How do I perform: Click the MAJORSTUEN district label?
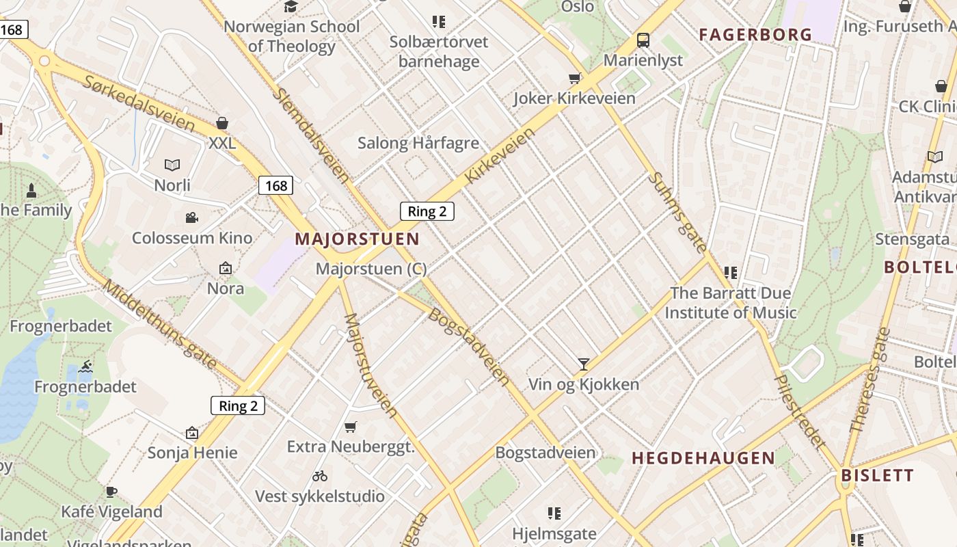click(x=357, y=239)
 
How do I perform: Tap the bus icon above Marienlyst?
click(x=643, y=40)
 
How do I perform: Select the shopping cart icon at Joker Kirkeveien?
click(x=575, y=79)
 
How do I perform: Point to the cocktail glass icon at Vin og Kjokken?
click(x=583, y=364)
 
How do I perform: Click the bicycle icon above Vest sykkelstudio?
click(x=320, y=475)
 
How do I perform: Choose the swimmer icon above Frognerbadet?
click(x=85, y=367)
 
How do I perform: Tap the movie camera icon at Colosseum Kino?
click(x=192, y=218)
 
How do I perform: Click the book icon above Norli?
click(x=172, y=165)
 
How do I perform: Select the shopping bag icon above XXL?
click(x=221, y=123)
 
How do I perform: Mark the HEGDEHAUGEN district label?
click(x=703, y=458)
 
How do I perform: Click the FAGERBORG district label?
click(x=755, y=34)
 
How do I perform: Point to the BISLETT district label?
click(x=877, y=475)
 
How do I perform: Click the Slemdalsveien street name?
click(x=311, y=134)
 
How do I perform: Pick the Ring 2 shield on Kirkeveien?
click(x=427, y=211)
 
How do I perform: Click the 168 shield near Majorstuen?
click(x=276, y=185)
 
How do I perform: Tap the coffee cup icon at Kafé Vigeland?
click(x=111, y=492)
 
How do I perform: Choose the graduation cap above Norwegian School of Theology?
click(x=291, y=7)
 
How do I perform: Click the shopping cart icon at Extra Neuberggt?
click(x=351, y=427)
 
